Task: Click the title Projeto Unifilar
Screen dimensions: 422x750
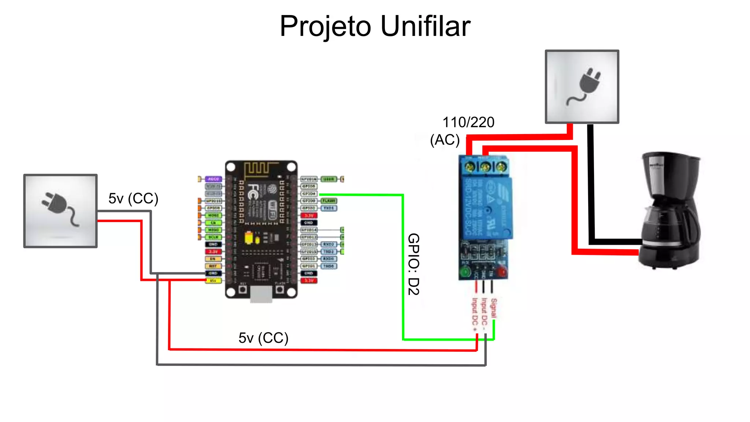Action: tap(375, 26)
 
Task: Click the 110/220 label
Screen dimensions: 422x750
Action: tap(468, 122)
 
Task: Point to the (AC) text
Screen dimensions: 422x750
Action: tap(445, 140)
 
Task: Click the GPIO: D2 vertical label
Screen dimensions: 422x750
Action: tap(413, 264)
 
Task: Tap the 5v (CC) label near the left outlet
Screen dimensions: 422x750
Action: tap(133, 199)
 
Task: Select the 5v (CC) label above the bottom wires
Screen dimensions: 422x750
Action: tap(263, 338)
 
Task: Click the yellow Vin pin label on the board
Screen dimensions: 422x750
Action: tap(213, 281)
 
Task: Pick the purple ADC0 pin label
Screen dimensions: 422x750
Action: tap(213, 179)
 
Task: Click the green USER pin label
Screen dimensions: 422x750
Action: tap(328, 179)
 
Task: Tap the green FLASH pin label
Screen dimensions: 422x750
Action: tap(328, 201)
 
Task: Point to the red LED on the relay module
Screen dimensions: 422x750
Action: tap(502, 272)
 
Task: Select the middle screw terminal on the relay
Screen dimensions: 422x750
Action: tap(485, 167)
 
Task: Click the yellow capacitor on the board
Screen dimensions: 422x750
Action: tap(249, 238)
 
